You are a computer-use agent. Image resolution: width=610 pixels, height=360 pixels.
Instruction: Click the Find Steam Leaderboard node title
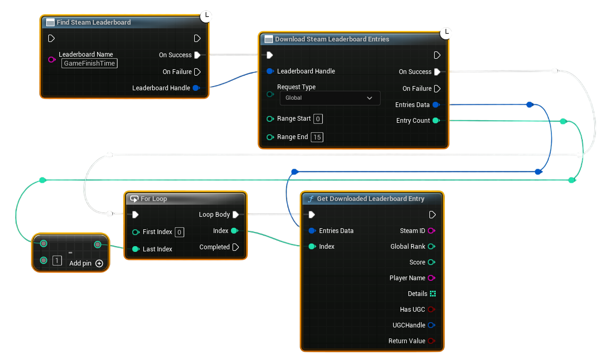93,23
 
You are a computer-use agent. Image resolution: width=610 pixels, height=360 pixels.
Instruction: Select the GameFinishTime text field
89,63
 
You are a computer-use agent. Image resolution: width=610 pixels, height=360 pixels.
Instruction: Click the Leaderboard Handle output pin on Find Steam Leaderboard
196,88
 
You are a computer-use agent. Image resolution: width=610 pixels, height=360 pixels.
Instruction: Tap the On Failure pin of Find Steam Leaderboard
197,72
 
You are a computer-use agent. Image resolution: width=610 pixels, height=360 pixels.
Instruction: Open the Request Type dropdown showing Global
329,98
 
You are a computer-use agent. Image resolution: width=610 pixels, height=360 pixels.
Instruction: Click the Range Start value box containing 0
318,119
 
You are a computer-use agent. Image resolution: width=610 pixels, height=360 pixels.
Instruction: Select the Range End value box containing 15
317,137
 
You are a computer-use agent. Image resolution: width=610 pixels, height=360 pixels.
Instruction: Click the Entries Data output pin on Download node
435,105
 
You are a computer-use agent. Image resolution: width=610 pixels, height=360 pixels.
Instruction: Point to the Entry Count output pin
435,121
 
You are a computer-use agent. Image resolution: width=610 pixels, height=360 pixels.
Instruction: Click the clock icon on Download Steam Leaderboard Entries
446,33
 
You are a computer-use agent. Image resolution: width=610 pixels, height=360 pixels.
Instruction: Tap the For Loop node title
153,199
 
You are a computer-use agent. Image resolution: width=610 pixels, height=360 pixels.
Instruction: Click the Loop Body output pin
235,215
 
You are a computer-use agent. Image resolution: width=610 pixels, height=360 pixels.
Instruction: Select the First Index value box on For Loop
179,232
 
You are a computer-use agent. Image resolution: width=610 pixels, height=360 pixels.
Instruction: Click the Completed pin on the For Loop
235,247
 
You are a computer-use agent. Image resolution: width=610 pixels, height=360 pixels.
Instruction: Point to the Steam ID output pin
431,231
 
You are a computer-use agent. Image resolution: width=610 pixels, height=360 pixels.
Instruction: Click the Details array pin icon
433,294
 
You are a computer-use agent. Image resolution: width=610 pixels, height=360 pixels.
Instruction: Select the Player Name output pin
431,278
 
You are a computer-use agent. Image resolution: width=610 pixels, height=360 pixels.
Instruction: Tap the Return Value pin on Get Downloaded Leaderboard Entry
431,341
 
